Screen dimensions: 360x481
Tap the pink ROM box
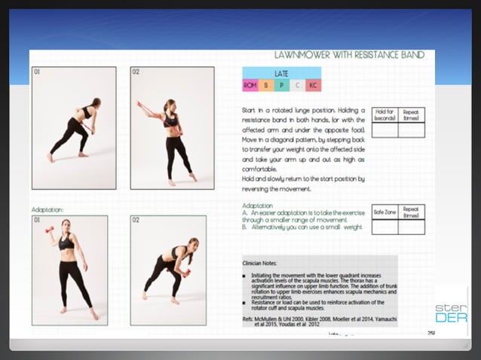pyautogui.click(x=250, y=85)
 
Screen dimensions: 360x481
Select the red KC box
pyautogui.click(x=312, y=85)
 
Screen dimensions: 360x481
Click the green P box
pyautogui.click(x=281, y=85)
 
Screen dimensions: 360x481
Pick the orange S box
pyautogui.click(x=266, y=85)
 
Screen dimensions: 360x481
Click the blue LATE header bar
pyautogui.click(x=281, y=73)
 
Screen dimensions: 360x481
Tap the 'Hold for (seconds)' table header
pyautogui.click(x=384, y=115)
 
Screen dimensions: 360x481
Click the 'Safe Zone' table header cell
pyautogui.click(x=384, y=212)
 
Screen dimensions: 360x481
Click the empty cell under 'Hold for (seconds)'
pyautogui.click(x=384, y=130)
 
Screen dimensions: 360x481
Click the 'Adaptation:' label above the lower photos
pyautogui.click(x=47, y=209)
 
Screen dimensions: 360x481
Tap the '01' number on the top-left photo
pyautogui.click(x=37, y=72)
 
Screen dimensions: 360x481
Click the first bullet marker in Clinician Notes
pyautogui.click(x=245, y=276)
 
